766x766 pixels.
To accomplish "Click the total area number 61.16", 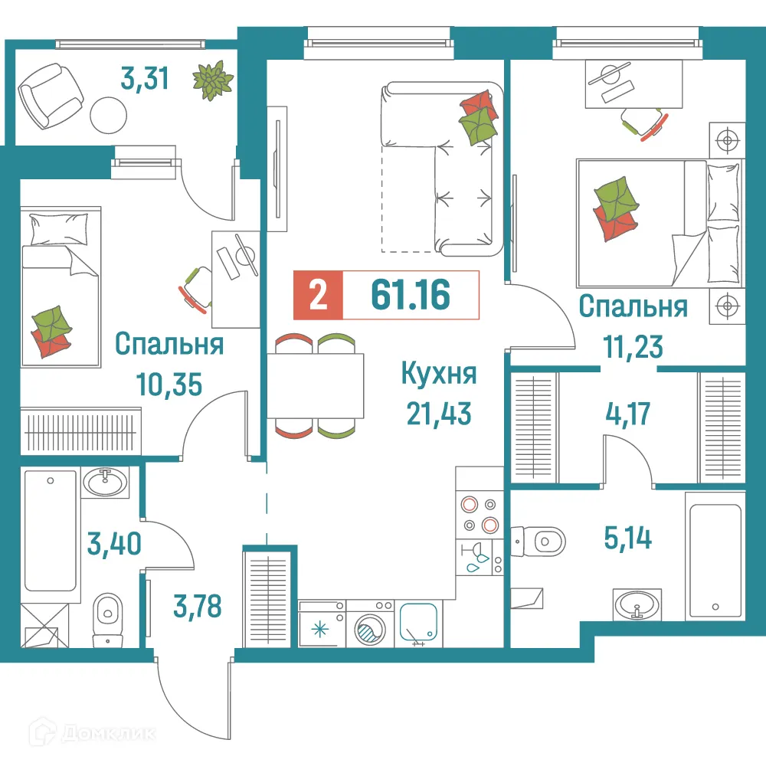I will point(410,295).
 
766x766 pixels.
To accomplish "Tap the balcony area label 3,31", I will point(145,78).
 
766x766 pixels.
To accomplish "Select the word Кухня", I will point(439,375).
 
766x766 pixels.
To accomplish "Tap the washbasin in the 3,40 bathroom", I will point(106,483).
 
